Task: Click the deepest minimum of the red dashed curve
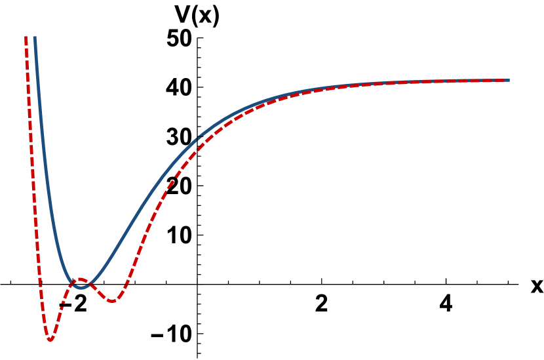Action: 50,340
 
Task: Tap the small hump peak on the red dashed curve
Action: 81,280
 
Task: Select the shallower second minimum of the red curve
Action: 112,301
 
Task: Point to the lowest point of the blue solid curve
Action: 81,287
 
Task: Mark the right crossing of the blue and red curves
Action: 92,283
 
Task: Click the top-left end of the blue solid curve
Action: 34,37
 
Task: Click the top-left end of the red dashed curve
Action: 26,37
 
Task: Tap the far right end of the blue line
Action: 509,80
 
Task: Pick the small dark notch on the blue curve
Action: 199,138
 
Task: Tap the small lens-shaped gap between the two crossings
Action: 81,283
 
